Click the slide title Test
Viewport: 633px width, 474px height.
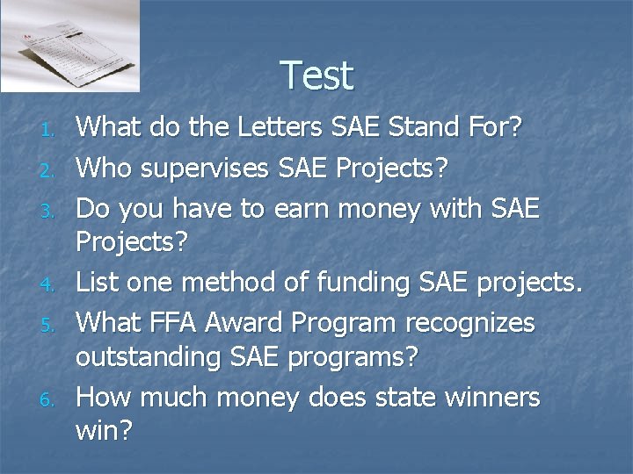[317, 75]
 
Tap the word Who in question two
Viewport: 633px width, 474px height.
[103, 167]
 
